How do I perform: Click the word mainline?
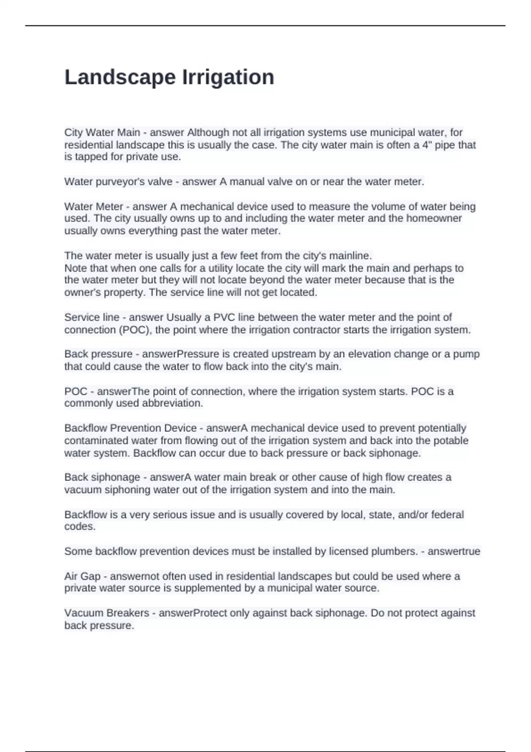349,256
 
